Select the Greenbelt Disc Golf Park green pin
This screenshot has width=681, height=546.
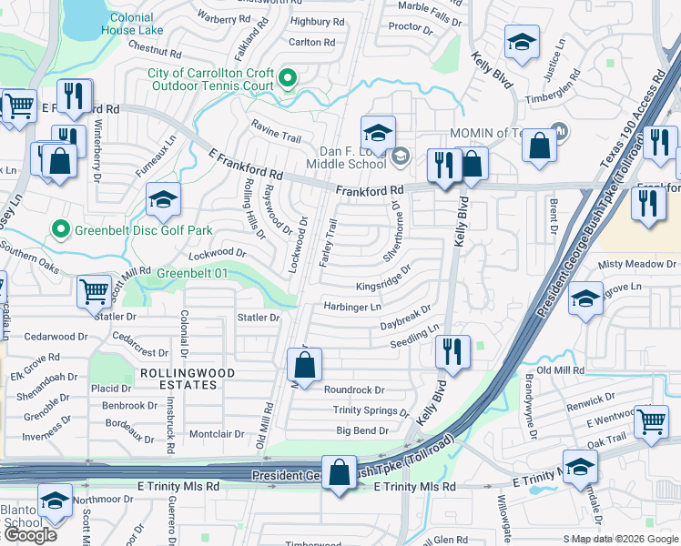click(x=61, y=228)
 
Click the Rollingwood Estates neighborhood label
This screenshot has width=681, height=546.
click(x=187, y=379)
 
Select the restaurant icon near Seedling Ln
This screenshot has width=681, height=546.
click(x=452, y=352)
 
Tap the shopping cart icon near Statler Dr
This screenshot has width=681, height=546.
click(x=94, y=293)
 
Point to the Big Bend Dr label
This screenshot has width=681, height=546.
click(x=362, y=430)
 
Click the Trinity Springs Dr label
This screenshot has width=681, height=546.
click(x=371, y=410)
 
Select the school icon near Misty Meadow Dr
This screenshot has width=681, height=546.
click(x=585, y=300)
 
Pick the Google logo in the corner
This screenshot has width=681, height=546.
click(x=30, y=535)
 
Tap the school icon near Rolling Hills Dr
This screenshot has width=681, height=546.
click(x=164, y=200)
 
